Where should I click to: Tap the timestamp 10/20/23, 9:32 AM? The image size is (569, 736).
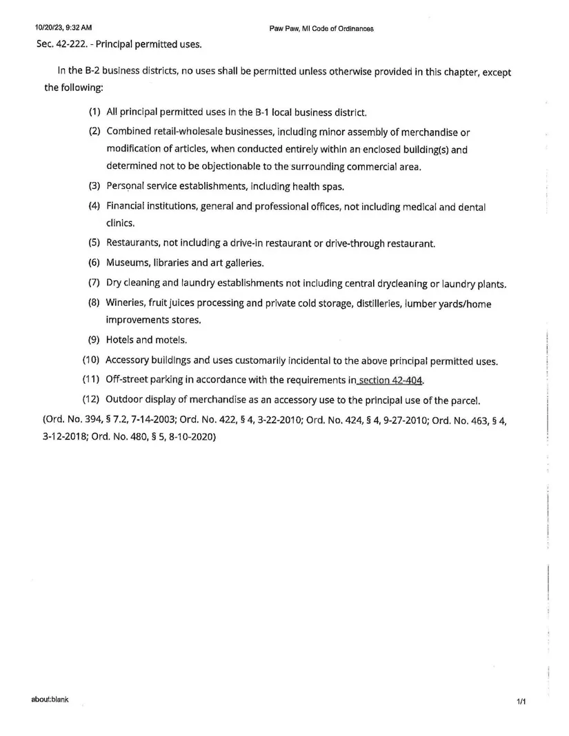[x=63, y=28]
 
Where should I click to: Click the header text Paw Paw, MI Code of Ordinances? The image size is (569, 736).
[x=321, y=28]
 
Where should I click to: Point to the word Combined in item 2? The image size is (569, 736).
[x=130, y=132]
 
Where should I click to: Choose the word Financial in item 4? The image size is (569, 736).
[x=128, y=206]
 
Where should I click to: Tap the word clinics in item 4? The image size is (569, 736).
[x=120, y=223]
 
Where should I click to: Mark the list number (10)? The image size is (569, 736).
[x=92, y=360]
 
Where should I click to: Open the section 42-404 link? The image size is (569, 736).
[x=390, y=380]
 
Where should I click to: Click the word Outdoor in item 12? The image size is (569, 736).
[x=126, y=400]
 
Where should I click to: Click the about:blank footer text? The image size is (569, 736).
[x=50, y=700]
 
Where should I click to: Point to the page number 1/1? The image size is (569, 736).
[x=521, y=702]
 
